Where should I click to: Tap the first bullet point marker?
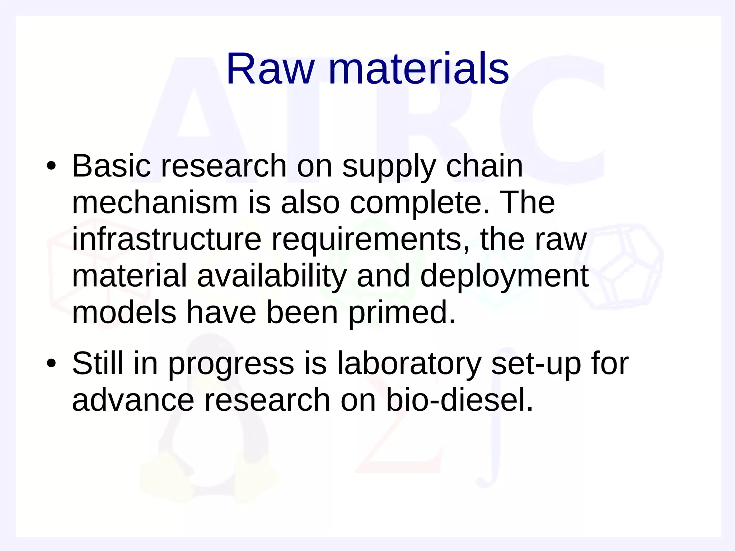[x=51, y=166]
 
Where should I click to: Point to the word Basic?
[x=112, y=166]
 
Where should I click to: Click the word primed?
[x=402, y=313]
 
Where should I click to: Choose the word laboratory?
[x=409, y=364]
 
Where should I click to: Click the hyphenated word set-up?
[x=536, y=364]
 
